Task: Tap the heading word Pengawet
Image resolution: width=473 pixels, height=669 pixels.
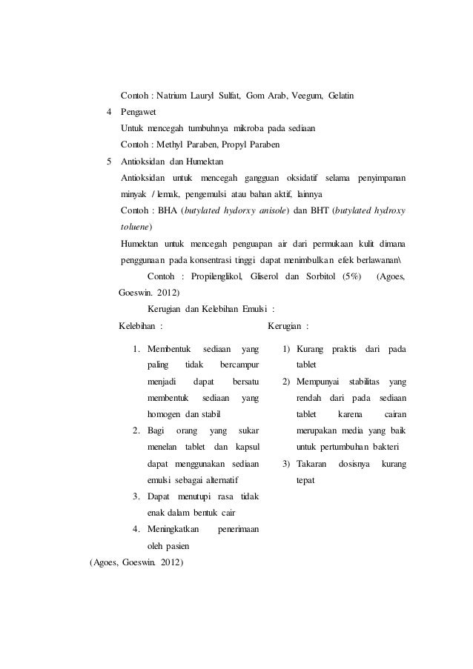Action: (142, 112)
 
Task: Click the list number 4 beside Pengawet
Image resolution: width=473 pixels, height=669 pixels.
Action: (110, 112)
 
